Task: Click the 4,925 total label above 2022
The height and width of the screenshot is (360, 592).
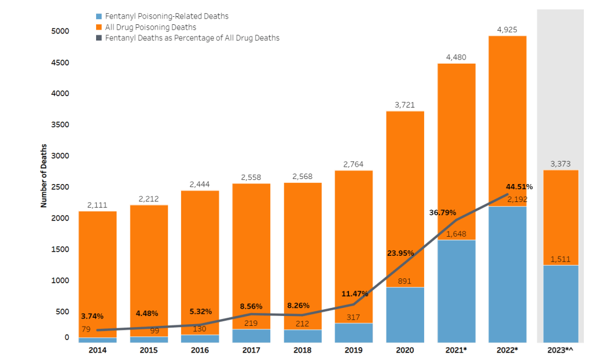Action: point(508,27)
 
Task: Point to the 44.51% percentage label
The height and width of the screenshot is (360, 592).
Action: point(519,186)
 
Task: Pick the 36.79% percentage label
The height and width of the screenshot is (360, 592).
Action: point(443,212)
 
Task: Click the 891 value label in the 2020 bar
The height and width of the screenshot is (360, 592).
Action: point(405,281)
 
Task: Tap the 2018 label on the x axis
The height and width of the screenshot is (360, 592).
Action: point(302,350)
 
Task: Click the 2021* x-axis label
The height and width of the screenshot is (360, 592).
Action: point(456,350)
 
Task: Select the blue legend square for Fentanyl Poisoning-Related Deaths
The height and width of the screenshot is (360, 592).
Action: point(99,17)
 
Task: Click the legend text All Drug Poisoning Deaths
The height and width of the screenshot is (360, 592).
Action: point(150,27)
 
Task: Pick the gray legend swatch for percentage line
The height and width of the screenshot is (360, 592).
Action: point(99,38)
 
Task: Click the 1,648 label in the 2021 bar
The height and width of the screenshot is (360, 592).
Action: point(456,234)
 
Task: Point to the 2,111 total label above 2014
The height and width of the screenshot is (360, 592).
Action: point(98,205)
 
